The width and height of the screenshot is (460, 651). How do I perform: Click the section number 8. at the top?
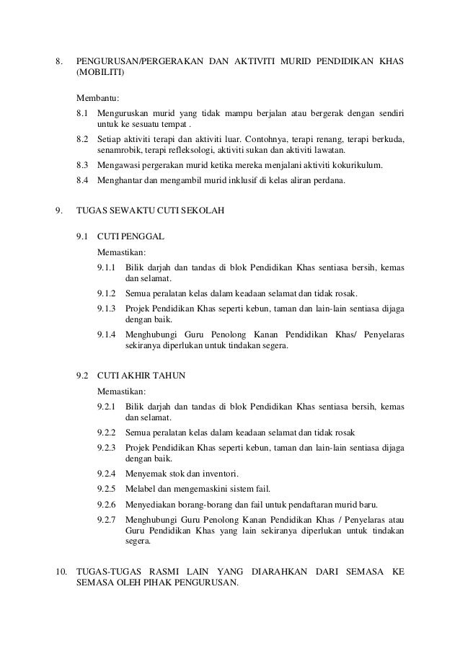pos(60,60)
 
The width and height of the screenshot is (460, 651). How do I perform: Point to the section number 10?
pos(61,572)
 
